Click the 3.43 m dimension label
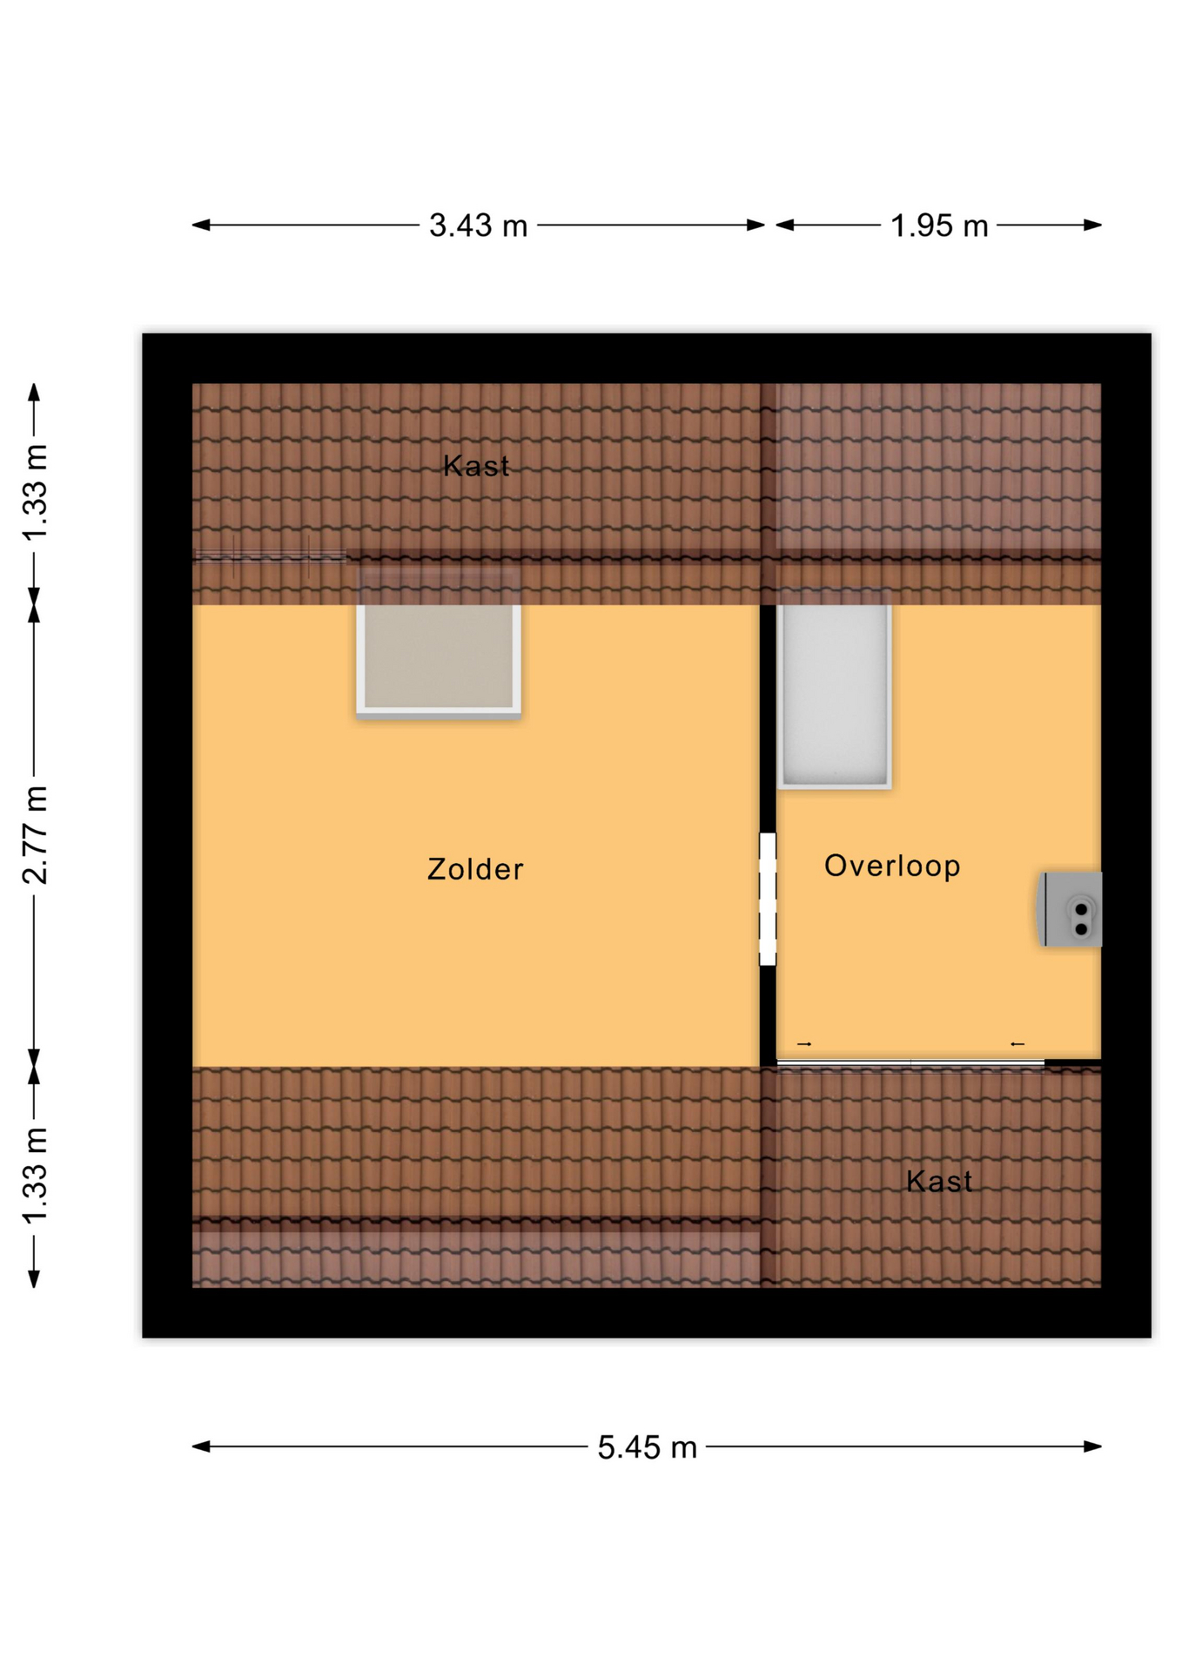pos(478,226)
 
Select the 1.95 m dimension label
pos(939,226)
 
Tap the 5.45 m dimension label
pos(647,1446)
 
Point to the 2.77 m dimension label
pos(35,834)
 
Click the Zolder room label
pos(475,869)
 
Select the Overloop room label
pos(892,866)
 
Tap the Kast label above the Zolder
pos(476,466)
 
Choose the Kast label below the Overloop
pos(939,1181)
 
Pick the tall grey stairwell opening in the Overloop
pos(834,694)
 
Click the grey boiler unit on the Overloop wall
pos(1071,909)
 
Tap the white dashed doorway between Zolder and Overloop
pos(768,899)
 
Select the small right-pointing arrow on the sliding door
pos(804,1043)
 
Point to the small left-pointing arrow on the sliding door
pos(1017,1043)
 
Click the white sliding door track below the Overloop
pos(910,1063)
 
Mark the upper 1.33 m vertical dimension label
pos(35,492)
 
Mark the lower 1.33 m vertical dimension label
pos(35,1176)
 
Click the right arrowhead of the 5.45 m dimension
pos(1093,1446)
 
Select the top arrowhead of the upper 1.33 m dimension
pos(34,393)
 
